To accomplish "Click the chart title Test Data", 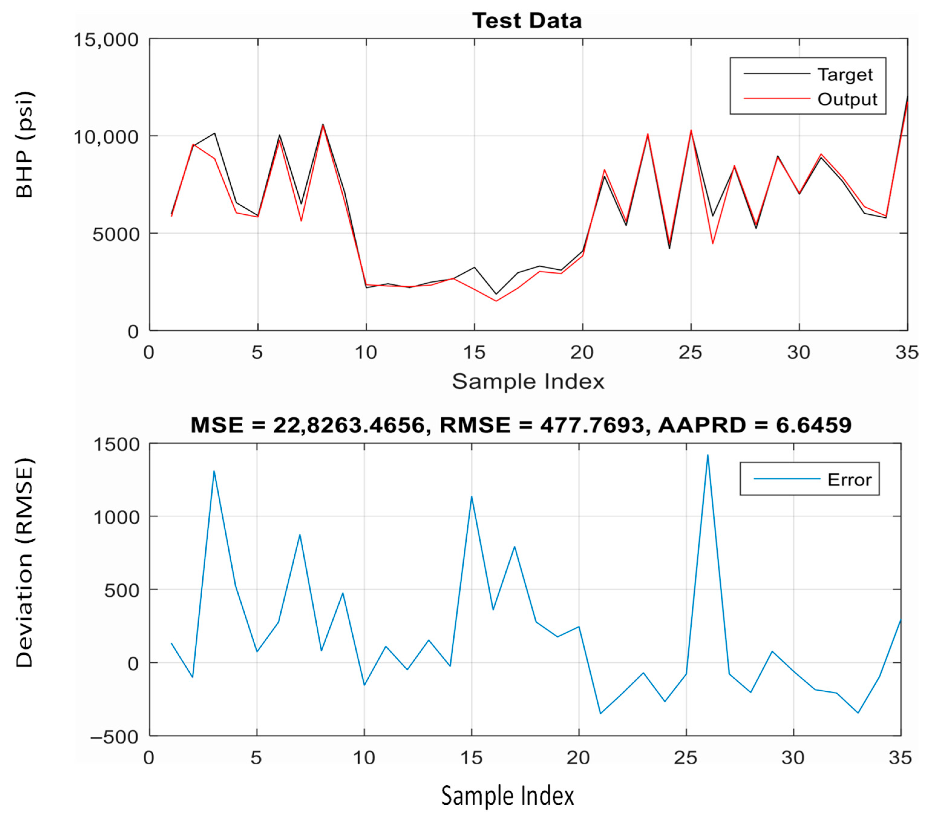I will [x=527, y=21].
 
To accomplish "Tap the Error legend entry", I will [x=849, y=480].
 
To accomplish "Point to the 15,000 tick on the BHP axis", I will [x=106, y=40].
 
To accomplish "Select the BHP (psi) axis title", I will [x=25, y=144].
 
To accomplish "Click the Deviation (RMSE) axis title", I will [x=25, y=563].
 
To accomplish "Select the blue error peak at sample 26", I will [x=707, y=455].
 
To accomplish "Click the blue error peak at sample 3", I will [x=214, y=471].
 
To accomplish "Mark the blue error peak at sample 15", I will [x=472, y=497].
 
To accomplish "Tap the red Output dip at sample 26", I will [x=713, y=243].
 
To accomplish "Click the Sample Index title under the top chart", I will [x=528, y=381].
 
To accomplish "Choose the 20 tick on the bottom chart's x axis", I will [x=578, y=758].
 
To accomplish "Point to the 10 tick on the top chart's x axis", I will [x=366, y=352].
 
